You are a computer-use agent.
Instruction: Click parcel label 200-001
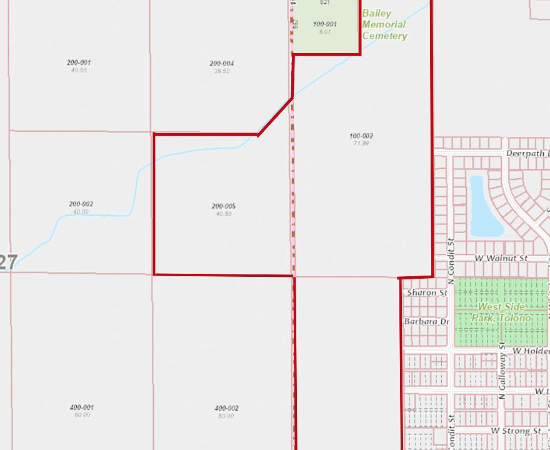[x=79, y=62]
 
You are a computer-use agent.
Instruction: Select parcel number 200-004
[x=222, y=63]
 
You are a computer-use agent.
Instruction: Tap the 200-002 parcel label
[x=81, y=204]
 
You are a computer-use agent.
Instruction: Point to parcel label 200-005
[x=223, y=206]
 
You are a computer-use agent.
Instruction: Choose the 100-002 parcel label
[x=361, y=136]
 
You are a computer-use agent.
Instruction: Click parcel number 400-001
[x=81, y=407]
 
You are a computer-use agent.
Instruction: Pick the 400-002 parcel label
[x=226, y=408]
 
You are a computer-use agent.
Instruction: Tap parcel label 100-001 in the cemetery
[x=325, y=24]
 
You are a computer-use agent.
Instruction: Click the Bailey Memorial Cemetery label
[x=384, y=24]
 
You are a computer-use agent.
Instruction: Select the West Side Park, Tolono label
[x=501, y=312]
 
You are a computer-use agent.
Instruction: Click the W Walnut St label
[x=501, y=258]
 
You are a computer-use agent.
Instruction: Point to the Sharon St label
[x=427, y=292]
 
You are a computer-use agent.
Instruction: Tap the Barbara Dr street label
[x=427, y=322]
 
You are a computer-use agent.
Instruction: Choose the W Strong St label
[x=516, y=431]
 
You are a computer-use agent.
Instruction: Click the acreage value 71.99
[x=361, y=144]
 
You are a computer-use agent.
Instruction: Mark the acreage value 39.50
[x=222, y=71]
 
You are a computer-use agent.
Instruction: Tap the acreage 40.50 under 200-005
[x=223, y=214]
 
